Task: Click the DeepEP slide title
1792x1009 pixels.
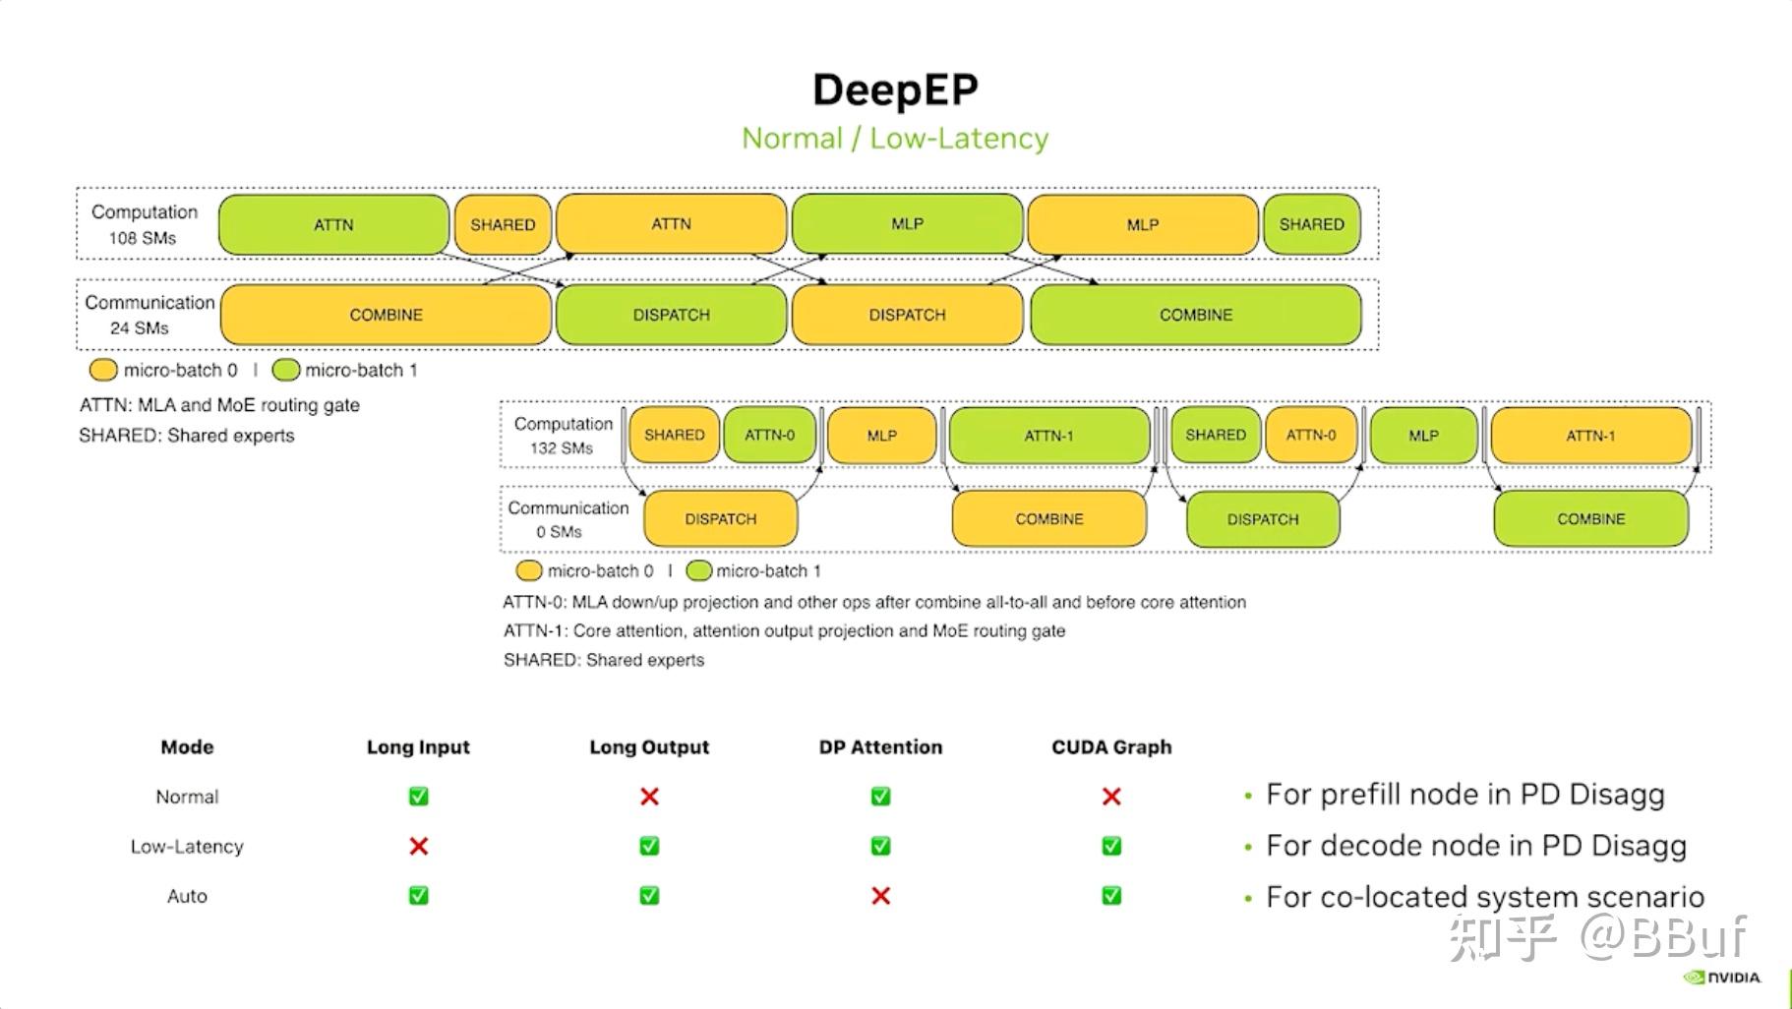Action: [x=895, y=90]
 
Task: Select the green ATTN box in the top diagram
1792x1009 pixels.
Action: [x=333, y=225]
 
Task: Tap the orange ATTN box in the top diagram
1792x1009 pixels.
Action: [x=671, y=224]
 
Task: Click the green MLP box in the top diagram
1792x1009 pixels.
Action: [x=907, y=224]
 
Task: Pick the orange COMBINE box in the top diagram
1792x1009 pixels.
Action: [x=386, y=315]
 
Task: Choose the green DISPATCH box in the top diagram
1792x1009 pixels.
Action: [x=671, y=315]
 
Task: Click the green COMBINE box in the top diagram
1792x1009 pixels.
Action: [x=1196, y=315]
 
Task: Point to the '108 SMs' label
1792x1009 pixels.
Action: [x=143, y=238]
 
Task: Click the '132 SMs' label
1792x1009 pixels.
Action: [x=562, y=448]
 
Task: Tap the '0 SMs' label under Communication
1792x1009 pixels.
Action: [x=559, y=532]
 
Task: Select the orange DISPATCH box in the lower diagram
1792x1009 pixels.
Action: [x=721, y=519]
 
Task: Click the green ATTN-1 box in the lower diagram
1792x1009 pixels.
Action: [x=1049, y=436]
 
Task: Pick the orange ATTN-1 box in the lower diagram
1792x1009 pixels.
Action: [x=1590, y=436]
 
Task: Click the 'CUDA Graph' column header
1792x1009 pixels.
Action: [x=1111, y=747]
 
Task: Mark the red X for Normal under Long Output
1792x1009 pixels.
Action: [x=649, y=797]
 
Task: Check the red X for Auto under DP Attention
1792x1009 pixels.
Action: [x=880, y=896]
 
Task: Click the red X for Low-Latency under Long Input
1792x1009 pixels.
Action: [x=418, y=846]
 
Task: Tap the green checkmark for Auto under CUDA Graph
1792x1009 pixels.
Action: [x=1111, y=896]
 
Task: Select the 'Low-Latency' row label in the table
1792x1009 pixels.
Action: [x=187, y=847]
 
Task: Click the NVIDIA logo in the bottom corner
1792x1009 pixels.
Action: [x=1722, y=978]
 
